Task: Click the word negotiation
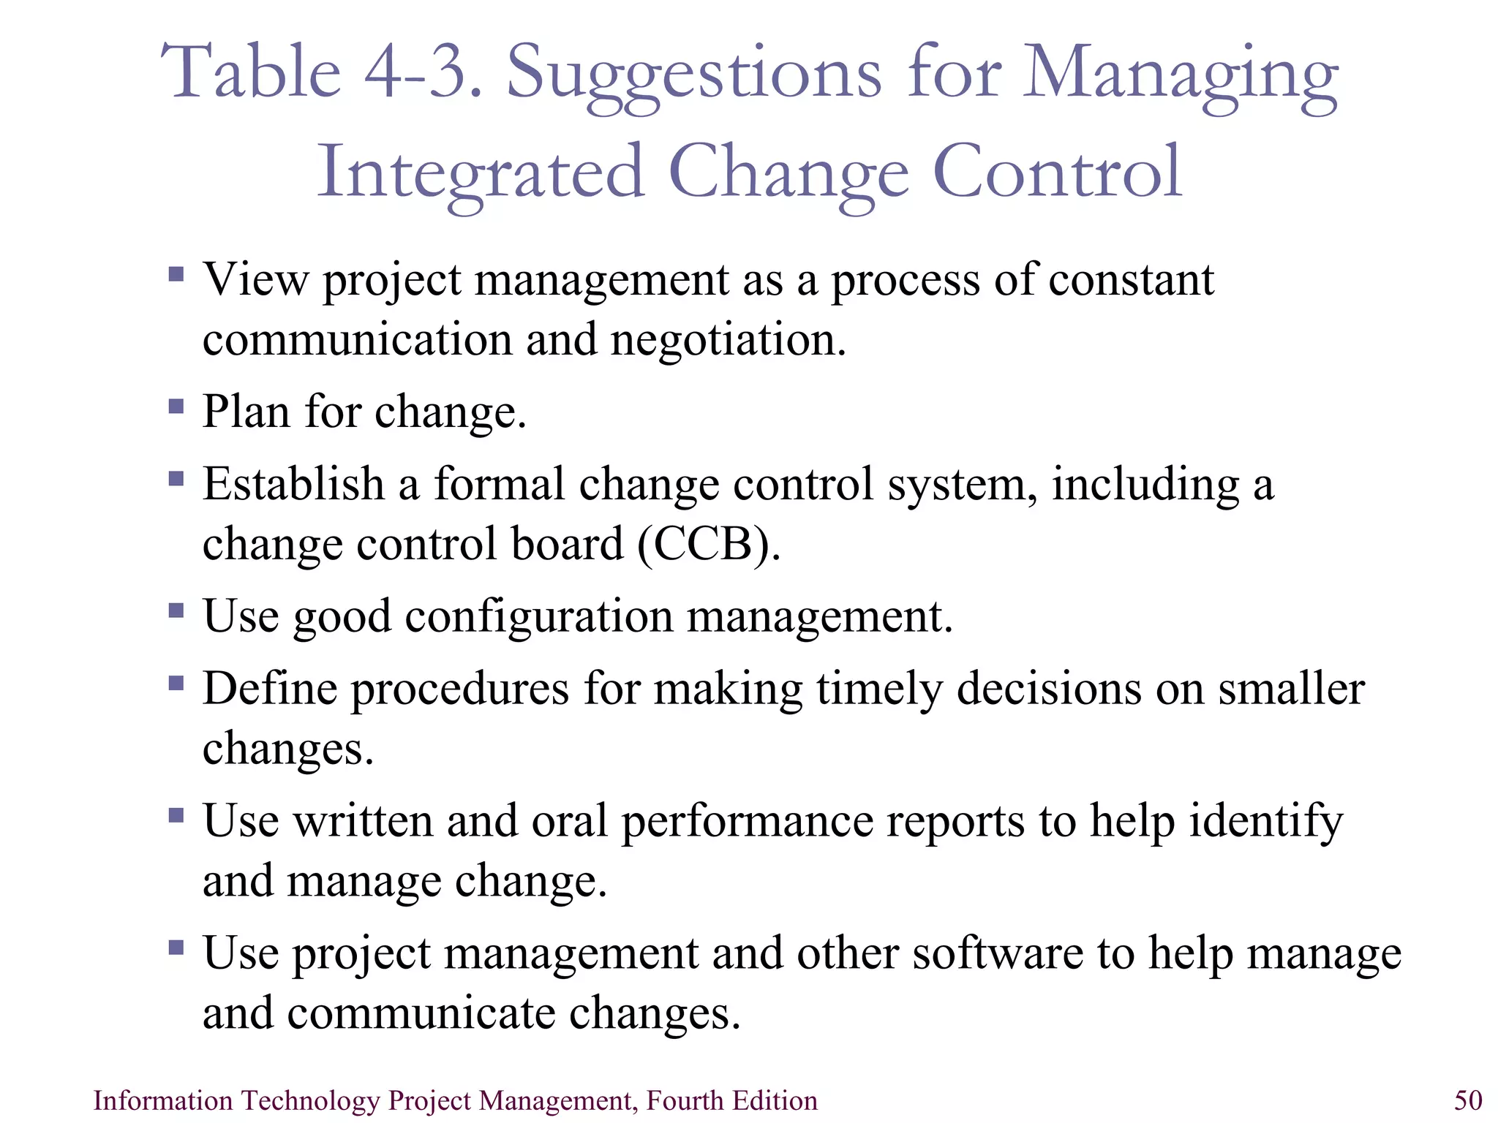pyautogui.click(x=728, y=341)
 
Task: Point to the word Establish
pyautogui.click(x=293, y=485)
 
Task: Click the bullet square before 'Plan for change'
pyautogui.click(x=176, y=406)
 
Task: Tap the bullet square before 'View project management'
pyautogui.click(x=176, y=274)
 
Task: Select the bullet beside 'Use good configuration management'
pyautogui.click(x=176, y=610)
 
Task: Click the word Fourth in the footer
pyautogui.click(x=685, y=1100)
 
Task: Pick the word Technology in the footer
pyautogui.click(x=310, y=1100)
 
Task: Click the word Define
pyautogui.click(x=270, y=689)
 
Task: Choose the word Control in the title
pyautogui.click(x=1058, y=173)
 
